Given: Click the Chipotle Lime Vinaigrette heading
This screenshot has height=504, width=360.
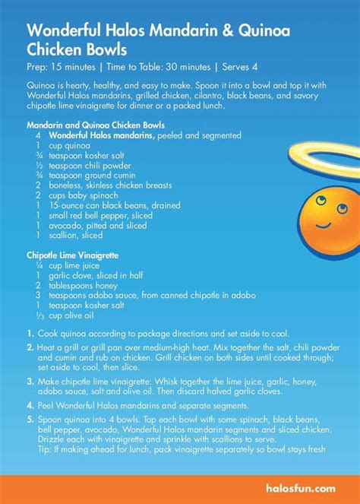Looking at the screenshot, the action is [x=76, y=257].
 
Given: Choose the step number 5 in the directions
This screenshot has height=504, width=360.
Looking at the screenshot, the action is [x=30, y=418].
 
